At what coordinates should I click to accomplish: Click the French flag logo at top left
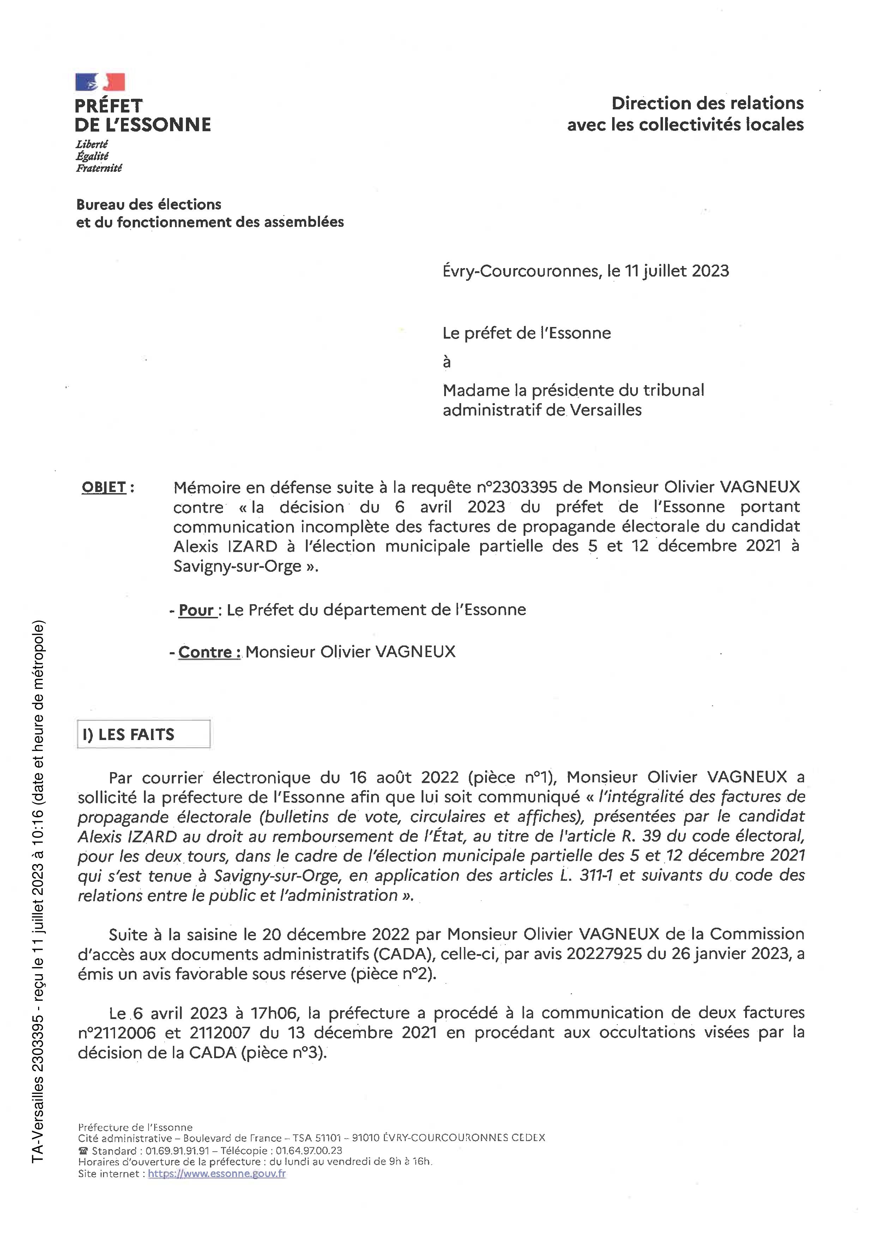pyautogui.click(x=100, y=82)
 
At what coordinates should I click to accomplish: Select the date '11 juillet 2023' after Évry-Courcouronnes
pyautogui.click(x=676, y=271)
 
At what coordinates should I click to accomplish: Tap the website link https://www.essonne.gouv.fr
pyautogui.click(x=217, y=1174)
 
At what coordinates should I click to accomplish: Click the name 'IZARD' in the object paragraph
pyautogui.click(x=253, y=546)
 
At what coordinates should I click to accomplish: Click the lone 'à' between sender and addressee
pyautogui.click(x=447, y=362)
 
